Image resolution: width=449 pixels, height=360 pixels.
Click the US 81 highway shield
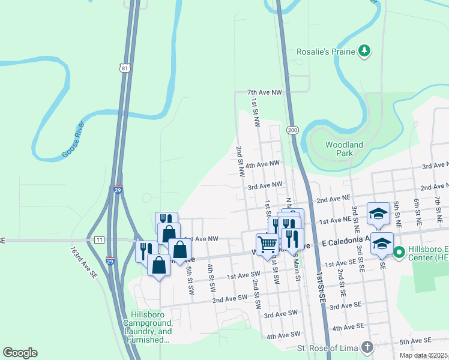[x=124, y=68]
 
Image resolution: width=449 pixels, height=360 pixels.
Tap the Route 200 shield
[x=292, y=130]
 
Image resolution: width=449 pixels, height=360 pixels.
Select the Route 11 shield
[x=99, y=239]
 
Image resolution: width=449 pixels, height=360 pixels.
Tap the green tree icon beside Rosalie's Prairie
[x=364, y=52]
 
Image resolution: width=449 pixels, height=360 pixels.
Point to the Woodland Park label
[x=345, y=149]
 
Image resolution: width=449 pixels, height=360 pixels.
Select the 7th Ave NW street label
[x=264, y=92]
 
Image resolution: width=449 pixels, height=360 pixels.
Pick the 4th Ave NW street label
[x=262, y=164]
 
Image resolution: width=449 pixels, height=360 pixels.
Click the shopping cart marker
[x=267, y=244]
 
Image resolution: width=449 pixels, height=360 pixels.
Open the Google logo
[x=20, y=353]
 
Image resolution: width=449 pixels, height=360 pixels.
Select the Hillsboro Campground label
[x=151, y=327]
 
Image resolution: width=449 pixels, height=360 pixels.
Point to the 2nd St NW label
[x=241, y=161]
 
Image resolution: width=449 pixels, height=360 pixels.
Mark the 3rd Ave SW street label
[x=281, y=314]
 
